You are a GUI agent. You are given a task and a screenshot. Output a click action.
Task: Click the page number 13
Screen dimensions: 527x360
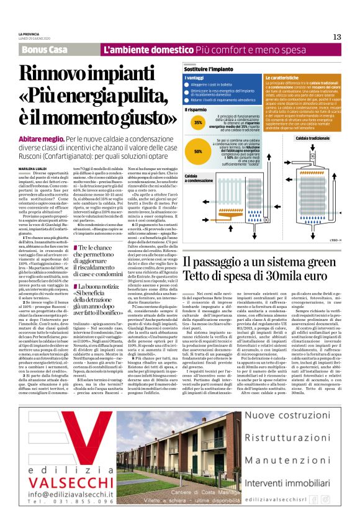(x=337, y=37)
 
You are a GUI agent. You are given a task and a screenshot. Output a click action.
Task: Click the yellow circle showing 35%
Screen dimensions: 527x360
(x=199, y=123)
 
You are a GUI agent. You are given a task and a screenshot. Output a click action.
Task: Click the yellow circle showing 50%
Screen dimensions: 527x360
(x=199, y=150)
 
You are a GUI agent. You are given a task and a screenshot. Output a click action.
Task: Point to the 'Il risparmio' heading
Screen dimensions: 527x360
(x=196, y=110)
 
